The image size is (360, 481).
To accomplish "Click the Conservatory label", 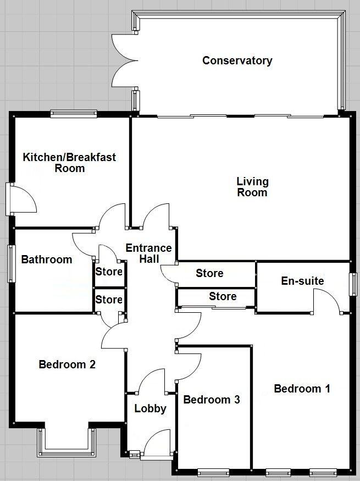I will (237, 60).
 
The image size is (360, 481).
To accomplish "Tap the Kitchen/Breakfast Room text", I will (69, 163).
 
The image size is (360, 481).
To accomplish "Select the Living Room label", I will (252, 187).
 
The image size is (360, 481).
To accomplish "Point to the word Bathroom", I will (47, 259).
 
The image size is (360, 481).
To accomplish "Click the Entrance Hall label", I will (148, 253).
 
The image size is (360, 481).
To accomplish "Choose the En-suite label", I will (302, 281).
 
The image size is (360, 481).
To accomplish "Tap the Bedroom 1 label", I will (302, 389).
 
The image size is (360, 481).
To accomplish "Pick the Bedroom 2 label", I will (68, 364).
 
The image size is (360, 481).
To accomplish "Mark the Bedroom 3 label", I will (212, 400).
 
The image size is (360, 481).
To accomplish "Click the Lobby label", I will (150, 408).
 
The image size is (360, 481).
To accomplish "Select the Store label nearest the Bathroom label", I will (109, 271).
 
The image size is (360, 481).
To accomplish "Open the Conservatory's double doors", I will (121, 60).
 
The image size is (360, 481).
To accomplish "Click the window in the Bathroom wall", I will (10, 263).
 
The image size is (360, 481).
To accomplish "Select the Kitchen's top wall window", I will (74, 114).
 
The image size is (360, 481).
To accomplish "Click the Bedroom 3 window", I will (213, 471).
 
